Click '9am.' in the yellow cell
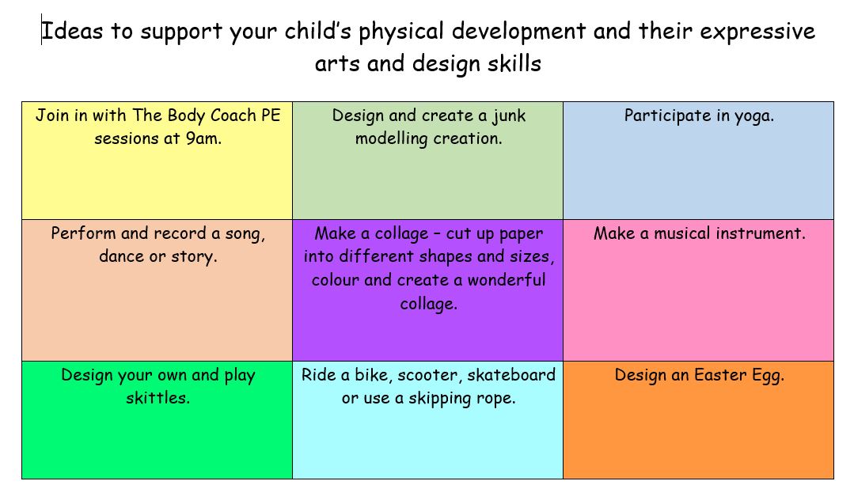[x=203, y=138]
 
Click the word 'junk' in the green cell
[x=509, y=116]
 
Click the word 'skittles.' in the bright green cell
[x=158, y=398]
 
